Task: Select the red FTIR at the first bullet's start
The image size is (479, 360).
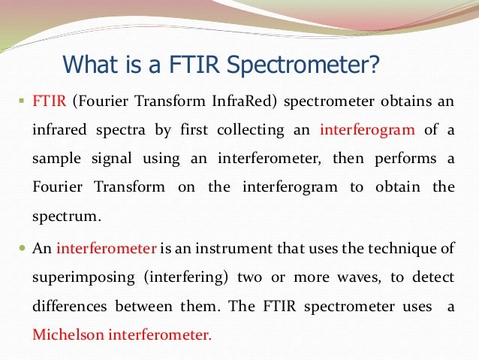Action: coord(47,101)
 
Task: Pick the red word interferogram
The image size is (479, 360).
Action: coord(367,129)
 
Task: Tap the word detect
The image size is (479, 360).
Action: coord(436,277)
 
